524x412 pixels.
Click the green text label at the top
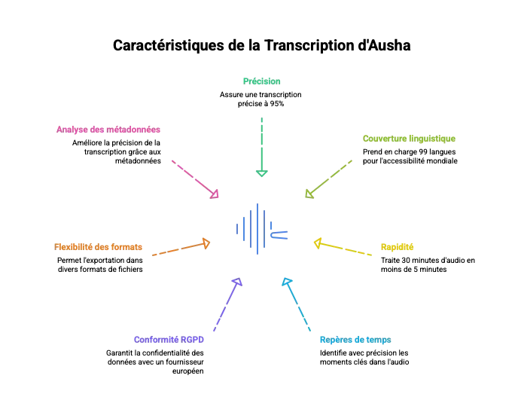(x=261, y=81)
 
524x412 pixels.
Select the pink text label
(x=108, y=130)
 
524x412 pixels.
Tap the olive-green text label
(x=409, y=139)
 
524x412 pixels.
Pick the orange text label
(x=99, y=247)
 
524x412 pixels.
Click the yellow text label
(x=397, y=247)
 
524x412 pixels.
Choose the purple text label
(x=169, y=339)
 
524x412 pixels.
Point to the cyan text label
(x=355, y=340)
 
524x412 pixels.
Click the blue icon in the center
(x=260, y=229)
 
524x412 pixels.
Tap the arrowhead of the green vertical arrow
(x=262, y=175)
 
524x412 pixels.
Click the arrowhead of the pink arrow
(x=216, y=194)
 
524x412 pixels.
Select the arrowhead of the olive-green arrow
(x=307, y=194)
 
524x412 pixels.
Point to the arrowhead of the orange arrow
(x=205, y=243)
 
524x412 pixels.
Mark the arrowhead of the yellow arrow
(x=318, y=243)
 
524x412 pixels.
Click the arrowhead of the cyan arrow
(x=286, y=283)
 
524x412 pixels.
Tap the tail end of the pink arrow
(x=171, y=159)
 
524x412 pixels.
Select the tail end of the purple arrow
(x=213, y=334)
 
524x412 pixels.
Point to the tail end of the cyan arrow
(x=311, y=329)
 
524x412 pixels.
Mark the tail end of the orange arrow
(x=152, y=256)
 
